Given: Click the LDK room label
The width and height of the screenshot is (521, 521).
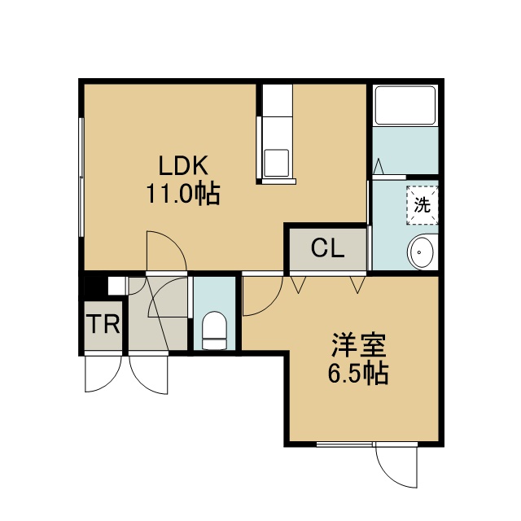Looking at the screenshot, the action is point(183,165).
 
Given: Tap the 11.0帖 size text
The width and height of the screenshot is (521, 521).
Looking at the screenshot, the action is point(183,194).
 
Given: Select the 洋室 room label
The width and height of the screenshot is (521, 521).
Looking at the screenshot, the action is point(358,345).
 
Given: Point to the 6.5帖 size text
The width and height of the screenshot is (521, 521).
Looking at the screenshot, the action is point(358,373).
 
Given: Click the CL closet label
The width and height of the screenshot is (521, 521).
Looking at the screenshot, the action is point(327,248).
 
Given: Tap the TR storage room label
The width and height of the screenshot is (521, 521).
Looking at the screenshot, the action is point(103,324).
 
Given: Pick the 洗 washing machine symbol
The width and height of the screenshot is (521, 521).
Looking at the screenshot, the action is point(422,205).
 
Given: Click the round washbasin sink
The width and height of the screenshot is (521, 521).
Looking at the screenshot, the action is point(420,252).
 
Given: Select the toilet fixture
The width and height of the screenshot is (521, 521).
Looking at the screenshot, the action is point(215,331).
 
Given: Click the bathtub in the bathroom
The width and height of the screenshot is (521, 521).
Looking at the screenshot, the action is point(405,105).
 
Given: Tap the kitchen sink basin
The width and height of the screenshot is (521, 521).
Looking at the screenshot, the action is point(276,163).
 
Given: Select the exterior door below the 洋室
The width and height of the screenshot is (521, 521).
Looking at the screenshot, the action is point(396,465).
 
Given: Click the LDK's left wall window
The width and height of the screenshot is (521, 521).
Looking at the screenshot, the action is point(81,177).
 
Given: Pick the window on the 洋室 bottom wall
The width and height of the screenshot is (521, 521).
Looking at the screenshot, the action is point(344,444).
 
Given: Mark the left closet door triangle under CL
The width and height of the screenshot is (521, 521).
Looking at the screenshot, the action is point(299,285).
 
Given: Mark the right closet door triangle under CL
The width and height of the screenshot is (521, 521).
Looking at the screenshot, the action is point(358,285).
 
